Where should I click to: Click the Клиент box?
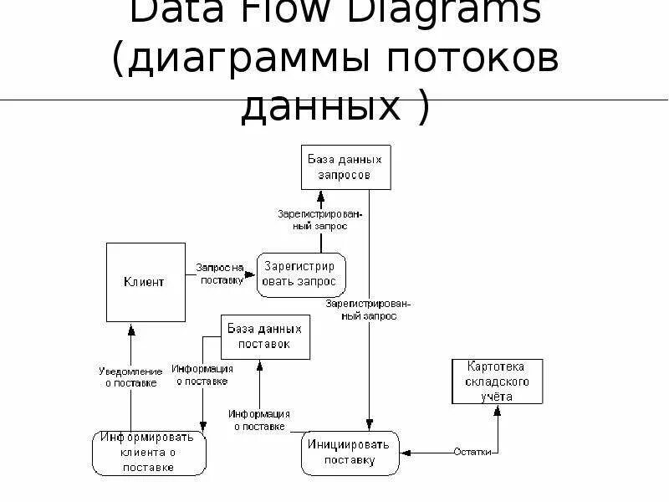(x=145, y=282)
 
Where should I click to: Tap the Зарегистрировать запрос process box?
(x=301, y=274)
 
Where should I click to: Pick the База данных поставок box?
(x=263, y=336)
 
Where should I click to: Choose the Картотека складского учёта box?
(x=497, y=382)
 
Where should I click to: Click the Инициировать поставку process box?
(x=350, y=453)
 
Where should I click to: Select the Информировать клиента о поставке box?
(x=148, y=452)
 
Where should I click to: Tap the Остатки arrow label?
(x=474, y=452)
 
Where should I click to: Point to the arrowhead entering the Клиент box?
(x=131, y=327)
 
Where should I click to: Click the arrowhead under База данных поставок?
(x=260, y=364)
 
